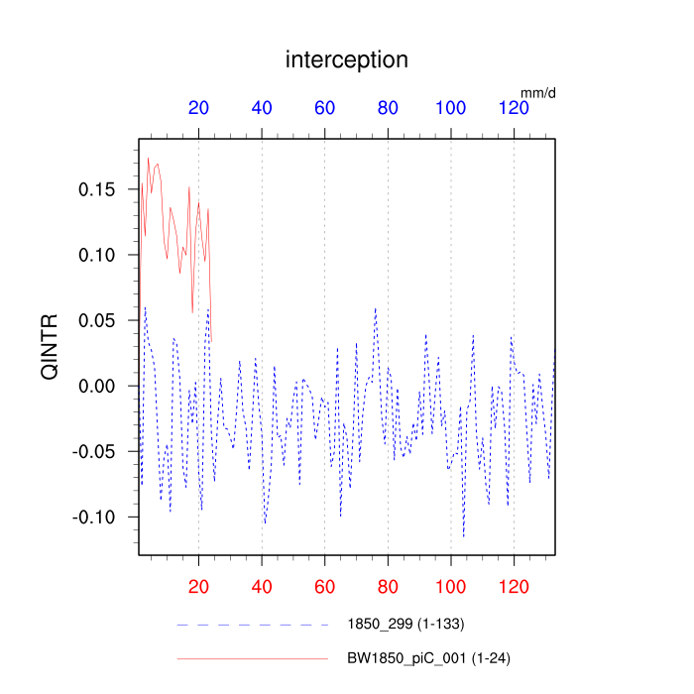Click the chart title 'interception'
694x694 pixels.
[347, 59]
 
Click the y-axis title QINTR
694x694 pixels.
[49, 347]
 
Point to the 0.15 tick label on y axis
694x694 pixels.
[96, 189]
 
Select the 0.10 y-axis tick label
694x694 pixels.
[96, 255]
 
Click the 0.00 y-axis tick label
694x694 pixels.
[96, 386]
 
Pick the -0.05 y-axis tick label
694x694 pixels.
[93, 451]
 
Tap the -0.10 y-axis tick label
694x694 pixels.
[93, 517]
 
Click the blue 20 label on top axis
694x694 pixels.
[198, 109]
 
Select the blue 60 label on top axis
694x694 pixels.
[325, 109]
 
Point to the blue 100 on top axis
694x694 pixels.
[451, 109]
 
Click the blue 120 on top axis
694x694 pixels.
[515, 109]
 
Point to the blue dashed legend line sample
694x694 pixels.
[252, 625]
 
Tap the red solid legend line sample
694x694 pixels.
[252, 657]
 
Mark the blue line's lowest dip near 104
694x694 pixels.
[464, 536]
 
